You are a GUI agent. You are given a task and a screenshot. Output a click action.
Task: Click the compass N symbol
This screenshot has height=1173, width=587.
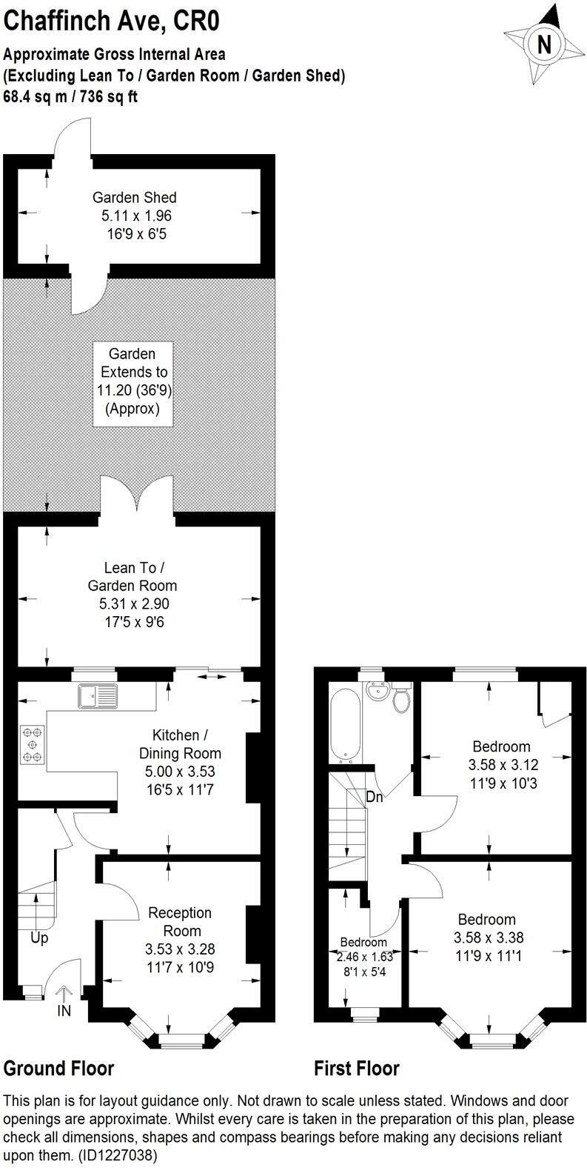point(544,44)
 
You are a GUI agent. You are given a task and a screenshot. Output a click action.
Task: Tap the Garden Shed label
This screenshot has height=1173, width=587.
point(134,198)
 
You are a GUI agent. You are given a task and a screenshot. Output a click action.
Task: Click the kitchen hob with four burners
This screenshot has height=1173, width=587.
point(32,743)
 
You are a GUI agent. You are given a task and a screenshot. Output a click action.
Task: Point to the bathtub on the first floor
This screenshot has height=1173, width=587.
point(346,725)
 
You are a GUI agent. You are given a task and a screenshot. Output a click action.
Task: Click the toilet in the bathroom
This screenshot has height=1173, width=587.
point(401,700)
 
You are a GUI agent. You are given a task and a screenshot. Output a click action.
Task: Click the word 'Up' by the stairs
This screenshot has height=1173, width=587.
point(39,938)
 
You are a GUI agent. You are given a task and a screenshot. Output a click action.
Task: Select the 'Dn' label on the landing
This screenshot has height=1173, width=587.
point(375,798)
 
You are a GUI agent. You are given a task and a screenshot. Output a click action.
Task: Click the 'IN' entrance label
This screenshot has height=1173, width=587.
point(64,1009)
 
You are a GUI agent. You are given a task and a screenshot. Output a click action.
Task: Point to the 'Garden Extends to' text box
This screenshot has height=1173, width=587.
point(133,383)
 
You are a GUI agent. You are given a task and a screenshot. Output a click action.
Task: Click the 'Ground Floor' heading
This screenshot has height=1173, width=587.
point(59,1069)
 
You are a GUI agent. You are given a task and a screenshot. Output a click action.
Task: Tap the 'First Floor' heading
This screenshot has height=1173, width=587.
point(356,1069)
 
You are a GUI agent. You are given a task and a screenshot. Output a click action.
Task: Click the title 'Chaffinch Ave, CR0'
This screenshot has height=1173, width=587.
point(112,22)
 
